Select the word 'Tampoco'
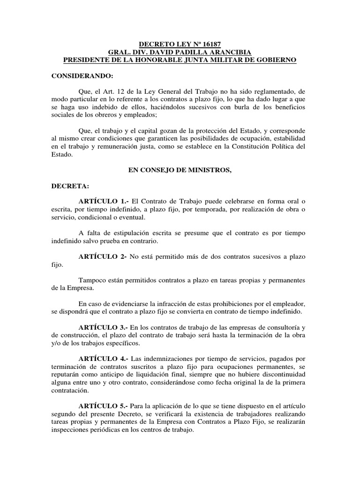(x=95, y=280)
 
